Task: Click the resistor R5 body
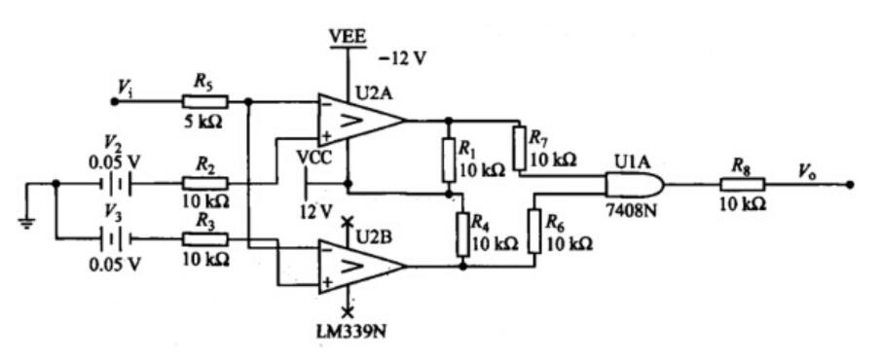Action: pos(204,100)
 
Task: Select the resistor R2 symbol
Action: pos(204,182)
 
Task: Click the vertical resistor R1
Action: pos(450,160)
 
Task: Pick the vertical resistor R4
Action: pos(463,232)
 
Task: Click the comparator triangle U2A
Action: pos(358,121)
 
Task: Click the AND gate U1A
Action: pos(634,184)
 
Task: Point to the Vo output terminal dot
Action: pos(850,183)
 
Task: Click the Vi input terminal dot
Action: pos(113,100)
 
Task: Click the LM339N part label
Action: pos(347,330)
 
